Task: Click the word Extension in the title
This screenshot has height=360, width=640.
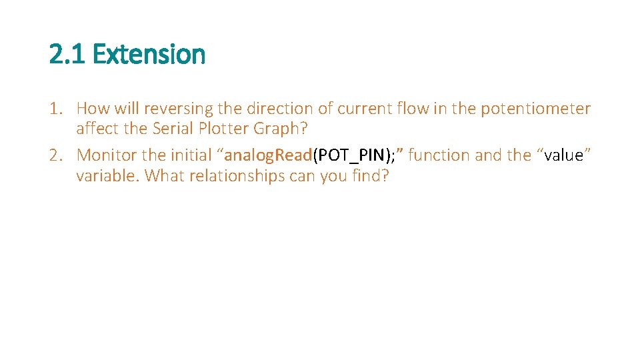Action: coord(149,54)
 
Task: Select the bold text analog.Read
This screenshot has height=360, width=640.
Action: coord(269,155)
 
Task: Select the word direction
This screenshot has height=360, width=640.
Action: coord(279,108)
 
